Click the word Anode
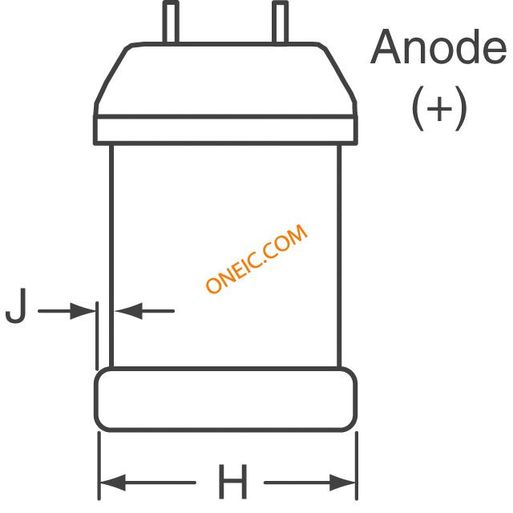438,47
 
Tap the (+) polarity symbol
438,108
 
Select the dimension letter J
16,306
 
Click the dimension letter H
232,481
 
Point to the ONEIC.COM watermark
256,258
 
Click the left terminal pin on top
171,22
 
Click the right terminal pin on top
280,22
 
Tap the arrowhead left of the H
112,483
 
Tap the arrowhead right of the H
342,483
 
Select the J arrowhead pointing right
83,311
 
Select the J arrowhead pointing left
128,311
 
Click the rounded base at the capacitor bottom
226,399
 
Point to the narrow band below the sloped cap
226,130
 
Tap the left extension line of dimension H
99,466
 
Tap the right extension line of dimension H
357,466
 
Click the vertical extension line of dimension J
97,336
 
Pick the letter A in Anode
386,47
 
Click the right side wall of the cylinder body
339,256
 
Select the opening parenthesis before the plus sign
418,108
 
